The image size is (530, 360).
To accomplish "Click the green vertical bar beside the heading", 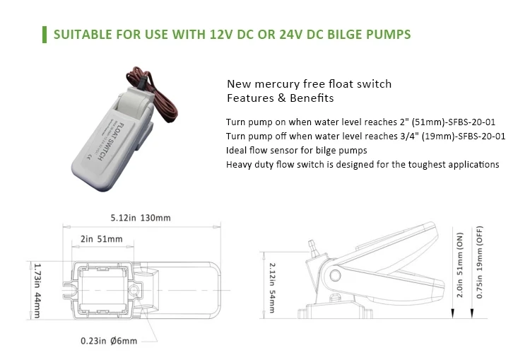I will tap(45, 34).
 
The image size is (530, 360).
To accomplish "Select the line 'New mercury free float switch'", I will tap(308, 84).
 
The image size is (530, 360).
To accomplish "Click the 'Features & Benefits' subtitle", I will tap(279, 98).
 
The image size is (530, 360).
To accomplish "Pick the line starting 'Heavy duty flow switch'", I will tap(363, 165).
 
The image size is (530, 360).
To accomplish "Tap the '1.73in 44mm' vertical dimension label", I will tap(37, 290).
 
